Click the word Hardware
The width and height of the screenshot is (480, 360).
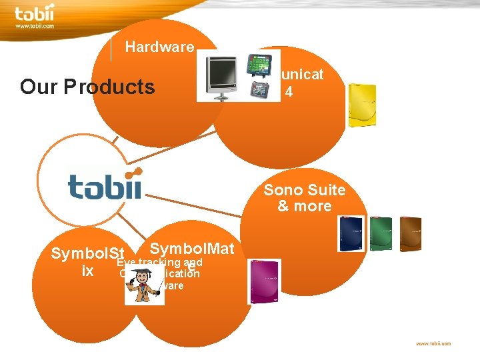click(x=159, y=47)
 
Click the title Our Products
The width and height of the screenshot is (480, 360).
click(x=87, y=87)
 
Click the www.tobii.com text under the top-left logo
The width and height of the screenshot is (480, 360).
click(x=34, y=26)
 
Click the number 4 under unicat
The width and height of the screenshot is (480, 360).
click(x=288, y=92)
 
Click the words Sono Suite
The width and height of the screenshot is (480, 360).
click(x=304, y=190)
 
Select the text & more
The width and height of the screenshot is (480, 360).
click(x=304, y=206)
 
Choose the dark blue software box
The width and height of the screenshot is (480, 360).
click(x=351, y=234)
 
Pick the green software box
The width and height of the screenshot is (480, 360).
click(x=381, y=234)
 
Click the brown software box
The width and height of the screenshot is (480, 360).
click(x=410, y=234)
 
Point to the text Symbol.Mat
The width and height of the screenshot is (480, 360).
click(x=192, y=249)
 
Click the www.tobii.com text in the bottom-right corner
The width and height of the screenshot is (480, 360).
click(x=433, y=343)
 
